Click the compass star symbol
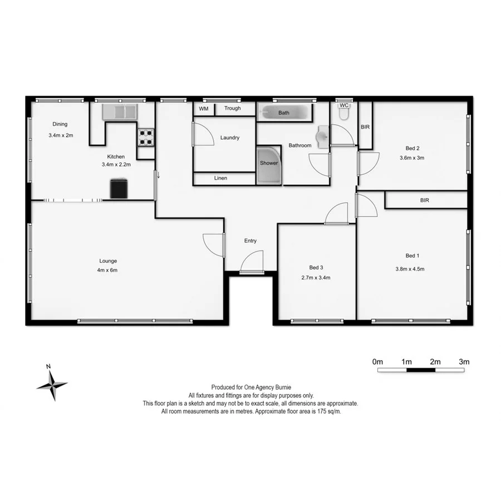[x=51, y=384]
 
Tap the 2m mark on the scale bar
[x=435, y=362]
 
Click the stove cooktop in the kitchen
[x=145, y=137]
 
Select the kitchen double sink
[x=119, y=111]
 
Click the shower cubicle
[x=269, y=165]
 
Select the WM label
[x=203, y=109]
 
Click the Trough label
[x=233, y=109]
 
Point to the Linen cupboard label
[x=220, y=179]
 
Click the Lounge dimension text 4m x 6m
[x=108, y=270]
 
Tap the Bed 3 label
[x=316, y=268]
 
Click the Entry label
[x=250, y=241]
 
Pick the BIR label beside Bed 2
[x=365, y=127]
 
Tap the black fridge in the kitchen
[x=119, y=188]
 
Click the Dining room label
[x=60, y=124]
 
